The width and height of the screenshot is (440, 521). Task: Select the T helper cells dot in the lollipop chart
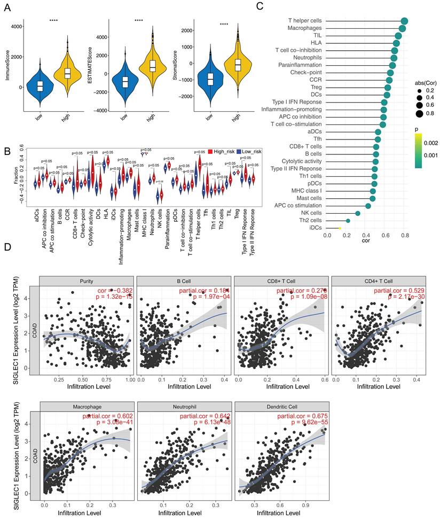(404, 21)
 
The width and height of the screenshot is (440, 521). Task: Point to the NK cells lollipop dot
(358, 213)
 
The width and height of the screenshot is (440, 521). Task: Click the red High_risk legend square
(211, 152)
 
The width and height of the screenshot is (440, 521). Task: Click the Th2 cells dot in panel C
(348, 220)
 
